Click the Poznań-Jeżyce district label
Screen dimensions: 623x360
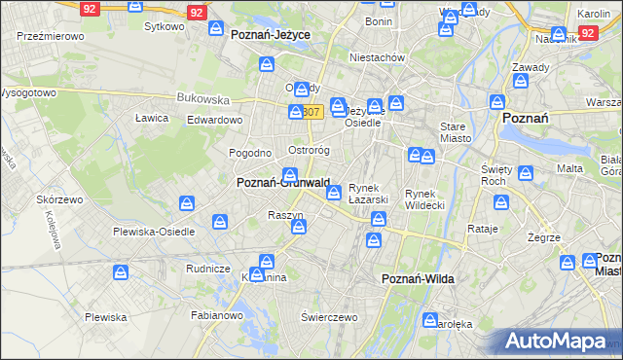(271, 34)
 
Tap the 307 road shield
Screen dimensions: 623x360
(311, 112)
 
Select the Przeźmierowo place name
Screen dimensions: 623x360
(49, 35)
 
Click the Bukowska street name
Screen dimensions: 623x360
(202, 98)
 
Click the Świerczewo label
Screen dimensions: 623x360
(330, 317)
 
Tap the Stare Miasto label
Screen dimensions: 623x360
(456, 132)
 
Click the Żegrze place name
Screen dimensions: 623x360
(543, 237)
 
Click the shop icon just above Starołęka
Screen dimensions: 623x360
(430, 319)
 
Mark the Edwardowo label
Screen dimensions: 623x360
(214, 119)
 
